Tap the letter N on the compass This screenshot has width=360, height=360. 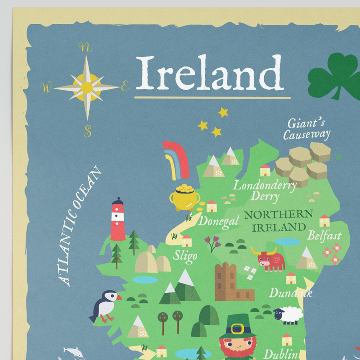pos(85,48)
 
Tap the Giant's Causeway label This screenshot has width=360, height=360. pos(306,129)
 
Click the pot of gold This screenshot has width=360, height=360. pos(185,198)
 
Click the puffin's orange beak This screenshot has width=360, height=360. pos(118,297)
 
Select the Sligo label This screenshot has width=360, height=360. pos(185,256)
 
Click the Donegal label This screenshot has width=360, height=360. pos(218,221)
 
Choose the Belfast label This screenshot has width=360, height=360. pos(324,236)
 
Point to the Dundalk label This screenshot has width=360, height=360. pos(290,293)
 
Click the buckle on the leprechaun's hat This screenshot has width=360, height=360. pos(237,328)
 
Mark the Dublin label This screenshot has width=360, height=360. pos(280,354)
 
